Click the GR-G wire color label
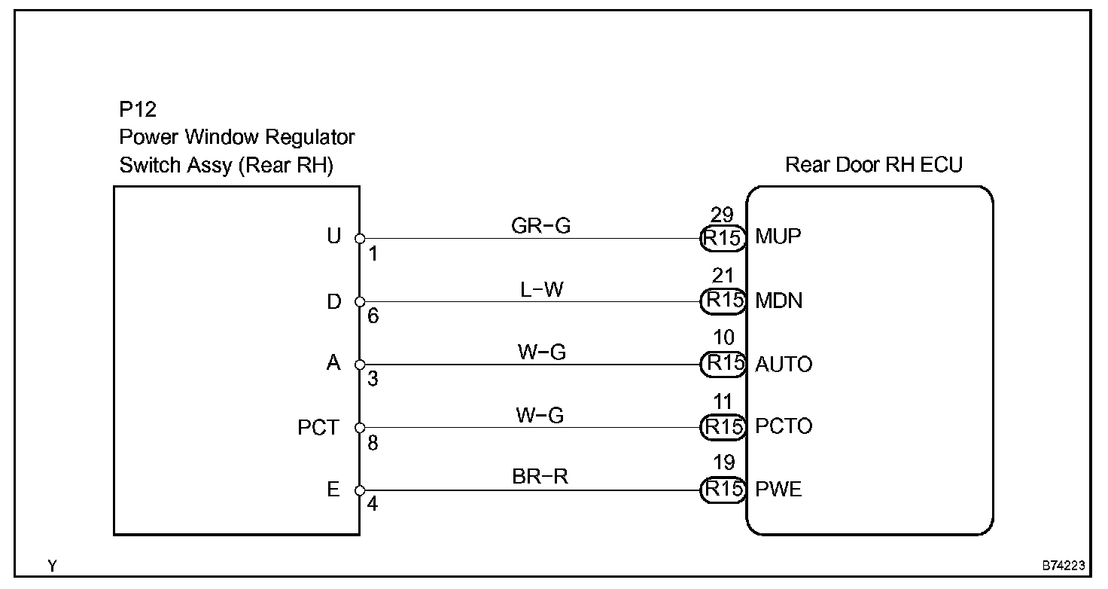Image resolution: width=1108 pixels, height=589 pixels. tap(540, 226)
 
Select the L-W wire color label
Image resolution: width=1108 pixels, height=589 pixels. tap(542, 289)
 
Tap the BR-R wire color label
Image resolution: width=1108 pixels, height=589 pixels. tap(540, 476)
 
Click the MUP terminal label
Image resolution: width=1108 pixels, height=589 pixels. tap(778, 237)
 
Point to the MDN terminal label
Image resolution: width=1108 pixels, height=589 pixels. tap(778, 301)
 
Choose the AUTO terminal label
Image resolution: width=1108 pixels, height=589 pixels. tap(784, 365)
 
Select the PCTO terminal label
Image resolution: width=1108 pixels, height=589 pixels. tap(784, 426)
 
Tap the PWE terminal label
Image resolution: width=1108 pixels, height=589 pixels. tap(778, 489)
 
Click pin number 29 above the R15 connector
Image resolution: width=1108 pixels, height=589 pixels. tap(722, 215)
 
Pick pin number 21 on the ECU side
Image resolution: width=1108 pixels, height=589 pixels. tap(723, 276)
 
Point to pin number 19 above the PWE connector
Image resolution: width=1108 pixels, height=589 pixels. tap(723, 462)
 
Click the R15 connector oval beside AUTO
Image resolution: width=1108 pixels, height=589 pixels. tap(723, 365)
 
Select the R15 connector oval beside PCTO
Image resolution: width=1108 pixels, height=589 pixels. tap(723, 427)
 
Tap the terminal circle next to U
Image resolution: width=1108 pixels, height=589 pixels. tap(360, 239)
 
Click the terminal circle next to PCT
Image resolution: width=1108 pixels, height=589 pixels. tap(360, 428)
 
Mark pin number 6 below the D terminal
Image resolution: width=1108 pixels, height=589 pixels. tap(373, 316)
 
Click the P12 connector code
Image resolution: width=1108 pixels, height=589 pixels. tap(138, 109)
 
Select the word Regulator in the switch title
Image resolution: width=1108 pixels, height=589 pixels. tap(309, 137)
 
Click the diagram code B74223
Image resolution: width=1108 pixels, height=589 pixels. tap(1064, 566)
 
